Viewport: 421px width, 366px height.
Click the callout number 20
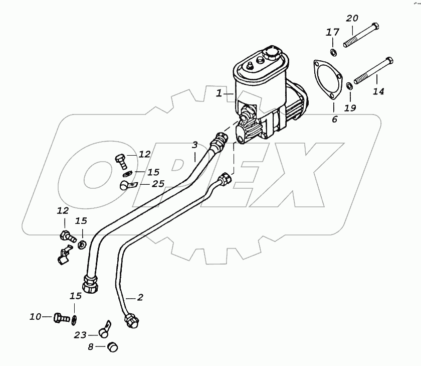352,19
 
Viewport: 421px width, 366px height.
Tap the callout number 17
333,32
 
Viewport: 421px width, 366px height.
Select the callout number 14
378,91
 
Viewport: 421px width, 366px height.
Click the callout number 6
334,119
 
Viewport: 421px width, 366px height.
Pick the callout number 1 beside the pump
219,93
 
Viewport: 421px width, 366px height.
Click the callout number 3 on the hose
194,145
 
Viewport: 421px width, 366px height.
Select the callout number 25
158,184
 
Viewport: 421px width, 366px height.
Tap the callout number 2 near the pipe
140,297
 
